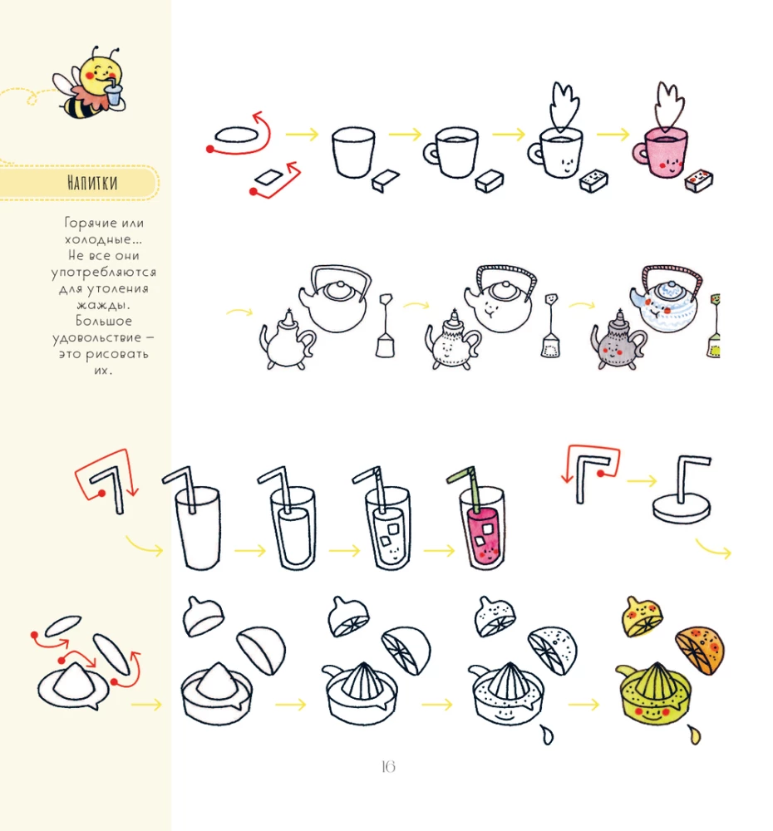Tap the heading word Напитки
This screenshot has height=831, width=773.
pyautogui.click(x=92, y=183)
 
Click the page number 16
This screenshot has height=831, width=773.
pyautogui.click(x=388, y=767)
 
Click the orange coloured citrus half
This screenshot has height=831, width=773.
pyautogui.click(x=701, y=650)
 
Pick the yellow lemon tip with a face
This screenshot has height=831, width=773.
pyautogui.click(x=642, y=617)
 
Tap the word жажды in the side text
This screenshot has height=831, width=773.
pyautogui.click(x=103, y=305)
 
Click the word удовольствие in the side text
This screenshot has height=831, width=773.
pyautogui.click(x=97, y=338)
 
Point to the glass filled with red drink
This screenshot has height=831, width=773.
pyautogui.click(x=482, y=530)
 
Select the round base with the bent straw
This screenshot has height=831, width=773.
pyautogui.click(x=682, y=509)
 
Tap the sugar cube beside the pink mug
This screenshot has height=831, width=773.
pyautogui.click(x=699, y=181)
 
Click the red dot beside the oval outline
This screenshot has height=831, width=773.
pyautogui.click(x=210, y=150)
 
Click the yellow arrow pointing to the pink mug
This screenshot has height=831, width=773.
pyautogui.click(x=613, y=135)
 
